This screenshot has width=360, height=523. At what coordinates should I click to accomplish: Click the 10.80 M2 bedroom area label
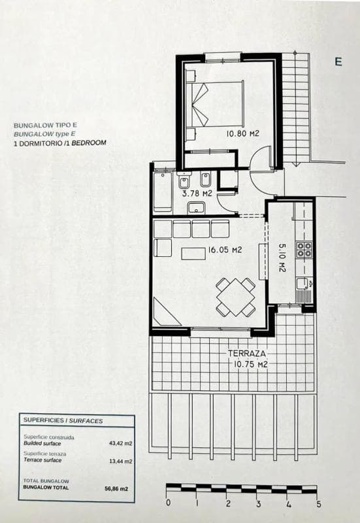coord(242,134)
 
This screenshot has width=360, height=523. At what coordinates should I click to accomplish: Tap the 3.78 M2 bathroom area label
coord(197,194)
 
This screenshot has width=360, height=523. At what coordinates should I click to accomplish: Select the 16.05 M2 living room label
coord(225,250)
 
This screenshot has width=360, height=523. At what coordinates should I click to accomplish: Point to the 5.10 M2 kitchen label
coord(282,257)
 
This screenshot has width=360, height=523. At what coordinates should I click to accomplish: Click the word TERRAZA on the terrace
coord(247,354)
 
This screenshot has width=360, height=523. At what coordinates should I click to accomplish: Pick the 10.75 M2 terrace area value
coord(250,364)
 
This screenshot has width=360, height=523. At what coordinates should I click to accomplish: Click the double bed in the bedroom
coord(215,104)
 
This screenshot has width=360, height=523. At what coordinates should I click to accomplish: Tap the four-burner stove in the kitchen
coord(304,250)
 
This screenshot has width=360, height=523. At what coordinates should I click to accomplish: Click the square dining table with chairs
coord(235,297)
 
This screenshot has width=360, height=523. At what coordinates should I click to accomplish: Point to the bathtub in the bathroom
coord(163,192)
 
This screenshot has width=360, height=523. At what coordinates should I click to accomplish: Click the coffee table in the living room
coord(193,254)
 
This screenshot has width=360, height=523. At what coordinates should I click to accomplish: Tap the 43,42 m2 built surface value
coord(121,443)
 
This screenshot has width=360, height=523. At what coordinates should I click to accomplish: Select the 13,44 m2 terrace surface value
coord(121,462)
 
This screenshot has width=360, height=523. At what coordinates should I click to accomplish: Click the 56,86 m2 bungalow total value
coord(116,488)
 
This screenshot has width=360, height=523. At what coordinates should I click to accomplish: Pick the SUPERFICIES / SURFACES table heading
coord(63,420)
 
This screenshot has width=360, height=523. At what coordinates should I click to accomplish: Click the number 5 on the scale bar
coord(319,503)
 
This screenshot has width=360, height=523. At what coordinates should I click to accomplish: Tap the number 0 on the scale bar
coord(168,502)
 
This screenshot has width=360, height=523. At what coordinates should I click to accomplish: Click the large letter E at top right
coord(338,61)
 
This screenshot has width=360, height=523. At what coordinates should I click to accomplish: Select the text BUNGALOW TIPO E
coord(45,126)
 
